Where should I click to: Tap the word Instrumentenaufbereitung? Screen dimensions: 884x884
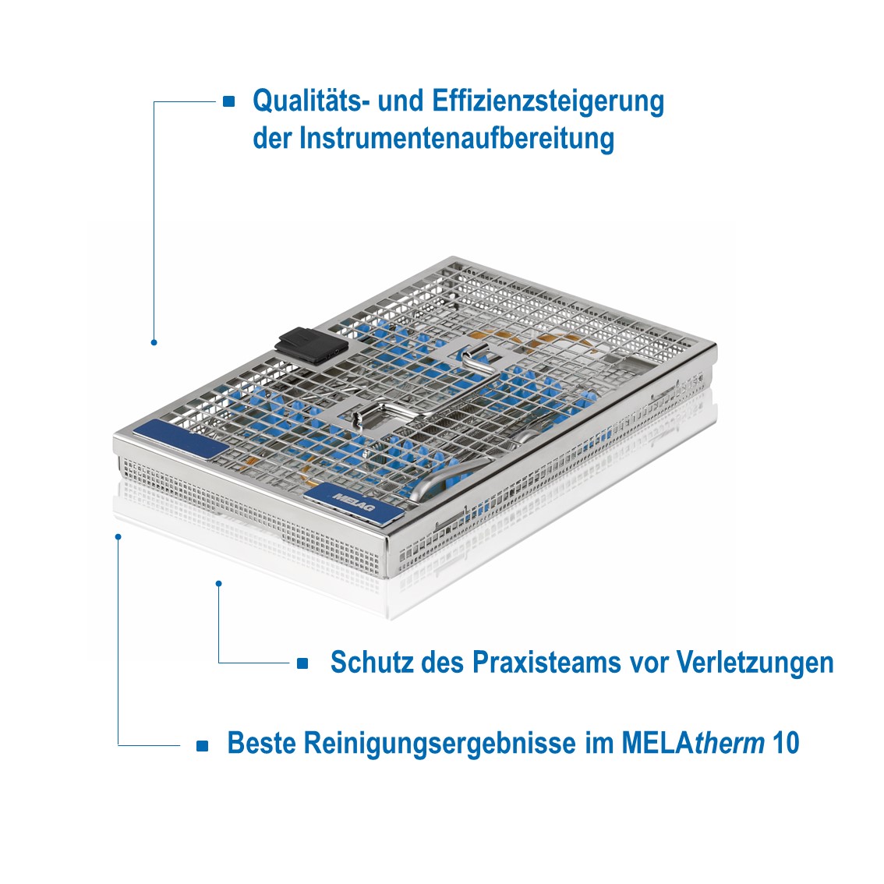[456, 139]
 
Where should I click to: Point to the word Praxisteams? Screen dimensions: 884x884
[546, 662]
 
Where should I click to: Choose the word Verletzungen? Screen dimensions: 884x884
[755, 663]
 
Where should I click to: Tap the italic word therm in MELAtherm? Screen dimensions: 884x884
[729, 743]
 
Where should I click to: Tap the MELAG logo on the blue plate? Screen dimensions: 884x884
[353, 501]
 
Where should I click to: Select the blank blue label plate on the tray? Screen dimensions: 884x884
[182, 439]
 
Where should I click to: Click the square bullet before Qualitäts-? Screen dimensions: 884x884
[229, 101]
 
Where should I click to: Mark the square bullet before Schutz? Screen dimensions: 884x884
[302, 663]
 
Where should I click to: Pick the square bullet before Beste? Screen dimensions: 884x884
[203, 746]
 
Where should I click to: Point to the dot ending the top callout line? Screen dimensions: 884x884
[154, 342]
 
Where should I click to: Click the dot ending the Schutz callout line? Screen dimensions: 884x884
[219, 583]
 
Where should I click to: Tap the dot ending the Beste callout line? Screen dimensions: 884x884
[118, 536]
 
